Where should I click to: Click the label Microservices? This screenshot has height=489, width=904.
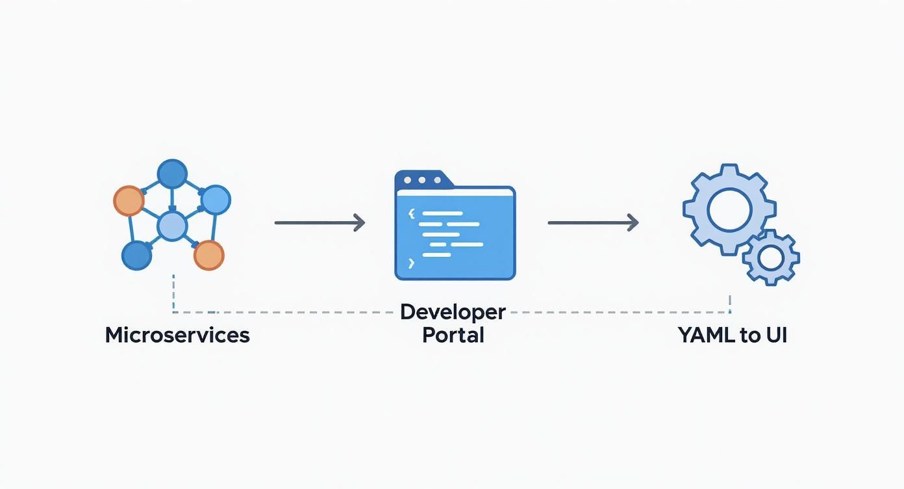[177, 336]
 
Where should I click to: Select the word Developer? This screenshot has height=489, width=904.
[453, 312]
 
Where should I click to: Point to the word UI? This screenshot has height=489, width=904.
[777, 336]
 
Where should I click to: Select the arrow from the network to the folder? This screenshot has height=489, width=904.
[319, 223]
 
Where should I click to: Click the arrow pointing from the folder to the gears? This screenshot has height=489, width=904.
[592, 223]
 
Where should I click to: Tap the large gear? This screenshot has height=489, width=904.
[729, 209]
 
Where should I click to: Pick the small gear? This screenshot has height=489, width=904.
[771, 258]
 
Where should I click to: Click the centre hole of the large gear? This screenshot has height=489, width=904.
[729, 210]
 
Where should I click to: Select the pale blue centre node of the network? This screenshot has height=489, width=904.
[173, 226]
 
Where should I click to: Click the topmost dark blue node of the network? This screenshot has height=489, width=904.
[172, 174]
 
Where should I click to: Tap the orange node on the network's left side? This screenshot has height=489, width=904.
[129, 201]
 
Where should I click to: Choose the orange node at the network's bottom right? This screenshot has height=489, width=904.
[208, 255]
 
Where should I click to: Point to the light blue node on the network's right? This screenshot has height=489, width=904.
[215, 200]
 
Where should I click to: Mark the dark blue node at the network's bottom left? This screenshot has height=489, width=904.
[137, 255]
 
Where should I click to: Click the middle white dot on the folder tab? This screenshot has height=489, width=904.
[421, 180]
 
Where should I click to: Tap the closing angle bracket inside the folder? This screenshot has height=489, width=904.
[410, 263]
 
